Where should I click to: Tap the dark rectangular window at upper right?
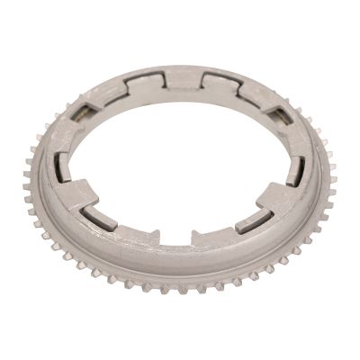click(280, 113)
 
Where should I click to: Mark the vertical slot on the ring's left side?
click(62, 170)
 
